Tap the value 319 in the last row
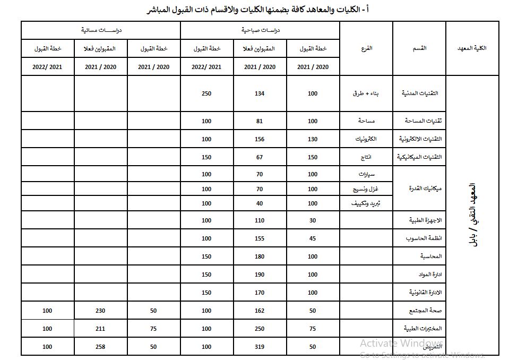click(x=260, y=347)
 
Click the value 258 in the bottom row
click(x=100, y=347)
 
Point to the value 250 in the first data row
click(x=206, y=93)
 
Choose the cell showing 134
click(x=260, y=93)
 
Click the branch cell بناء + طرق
click(x=366, y=93)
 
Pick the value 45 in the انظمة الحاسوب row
click(x=313, y=238)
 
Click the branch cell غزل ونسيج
click(x=366, y=189)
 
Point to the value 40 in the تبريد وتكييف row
click(x=260, y=203)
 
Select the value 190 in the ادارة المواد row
click(x=260, y=275)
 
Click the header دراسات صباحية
click(x=260, y=30)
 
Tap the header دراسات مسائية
click(x=101, y=30)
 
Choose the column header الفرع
click(x=366, y=48)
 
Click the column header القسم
click(x=419, y=48)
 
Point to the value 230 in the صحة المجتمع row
click(x=100, y=311)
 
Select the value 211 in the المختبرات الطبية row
click(x=100, y=329)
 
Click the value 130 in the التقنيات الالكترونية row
click(x=313, y=139)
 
